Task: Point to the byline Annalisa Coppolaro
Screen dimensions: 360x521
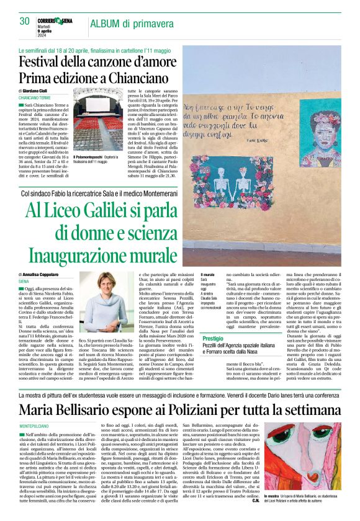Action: point(48,274)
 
